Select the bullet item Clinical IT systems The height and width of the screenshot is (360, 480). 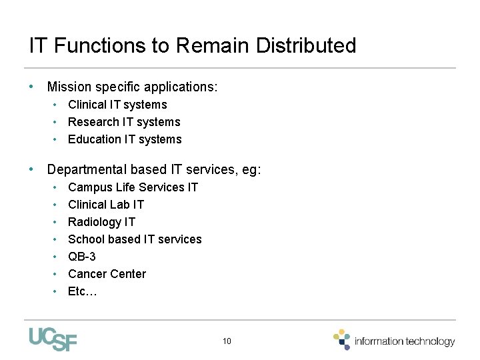117,105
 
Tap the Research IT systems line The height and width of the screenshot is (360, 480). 124,122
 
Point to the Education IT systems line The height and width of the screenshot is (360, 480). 125,139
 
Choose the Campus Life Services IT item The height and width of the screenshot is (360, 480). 133,187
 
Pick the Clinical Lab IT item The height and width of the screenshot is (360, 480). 106,205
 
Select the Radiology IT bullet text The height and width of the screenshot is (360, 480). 101,222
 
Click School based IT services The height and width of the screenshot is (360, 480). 135,239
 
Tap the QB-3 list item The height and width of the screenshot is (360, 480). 82,257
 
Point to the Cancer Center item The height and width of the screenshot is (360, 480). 107,274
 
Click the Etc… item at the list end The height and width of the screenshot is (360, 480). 83,291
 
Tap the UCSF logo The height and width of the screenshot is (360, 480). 53,339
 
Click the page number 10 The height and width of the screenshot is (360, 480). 227,341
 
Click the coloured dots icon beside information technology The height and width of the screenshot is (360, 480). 342,339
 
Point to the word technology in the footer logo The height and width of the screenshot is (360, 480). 429,341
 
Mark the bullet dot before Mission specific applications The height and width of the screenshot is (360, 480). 31,87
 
